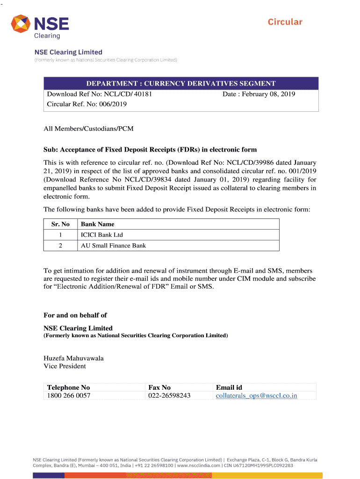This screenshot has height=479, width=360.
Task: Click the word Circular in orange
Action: coord(285,22)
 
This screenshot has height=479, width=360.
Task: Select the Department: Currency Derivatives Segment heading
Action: coord(180,84)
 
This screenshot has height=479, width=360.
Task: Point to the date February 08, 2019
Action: coord(259,94)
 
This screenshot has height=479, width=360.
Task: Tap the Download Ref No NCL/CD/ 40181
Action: coord(100,94)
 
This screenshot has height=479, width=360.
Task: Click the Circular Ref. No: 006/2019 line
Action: coord(87,104)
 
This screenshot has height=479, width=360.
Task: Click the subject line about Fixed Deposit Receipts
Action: coord(150,150)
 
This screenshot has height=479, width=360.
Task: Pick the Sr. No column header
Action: coord(60,224)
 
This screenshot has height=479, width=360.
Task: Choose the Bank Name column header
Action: coord(98,224)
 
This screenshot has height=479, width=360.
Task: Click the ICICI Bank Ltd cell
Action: coord(102,235)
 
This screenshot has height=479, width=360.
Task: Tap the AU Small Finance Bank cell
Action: coord(113,246)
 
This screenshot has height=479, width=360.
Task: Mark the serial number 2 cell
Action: coord(60,246)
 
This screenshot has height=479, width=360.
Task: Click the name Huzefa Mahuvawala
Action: coord(73,358)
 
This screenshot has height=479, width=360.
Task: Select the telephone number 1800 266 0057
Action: coord(69,396)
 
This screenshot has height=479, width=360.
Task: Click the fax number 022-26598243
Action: coord(169,396)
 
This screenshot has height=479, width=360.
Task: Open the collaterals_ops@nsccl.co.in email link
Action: coord(256,396)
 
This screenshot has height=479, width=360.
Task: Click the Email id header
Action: coord(229,387)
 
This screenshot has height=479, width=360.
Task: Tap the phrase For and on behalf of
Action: coord(75,315)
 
